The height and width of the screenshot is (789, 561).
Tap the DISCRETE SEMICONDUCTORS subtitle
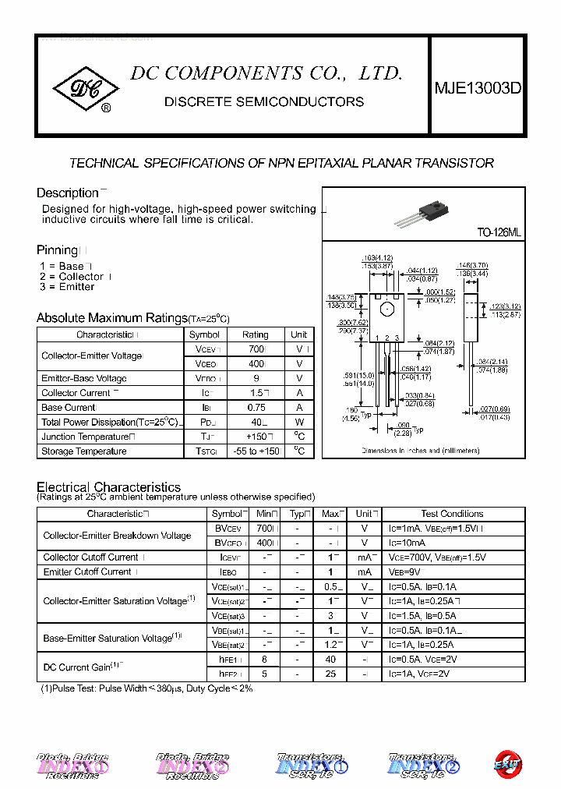[x=264, y=102]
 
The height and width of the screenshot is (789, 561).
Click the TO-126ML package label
[x=499, y=232]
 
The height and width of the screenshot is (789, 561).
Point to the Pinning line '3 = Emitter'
[x=67, y=287]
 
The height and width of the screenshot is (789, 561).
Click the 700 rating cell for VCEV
[x=255, y=349]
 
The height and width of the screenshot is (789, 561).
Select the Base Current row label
[x=69, y=408]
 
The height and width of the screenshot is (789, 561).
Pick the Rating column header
[x=255, y=334]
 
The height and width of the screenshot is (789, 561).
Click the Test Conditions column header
[x=452, y=514]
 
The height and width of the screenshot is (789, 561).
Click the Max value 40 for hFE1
[x=331, y=660]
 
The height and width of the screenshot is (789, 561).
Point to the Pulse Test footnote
[x=146, y=688]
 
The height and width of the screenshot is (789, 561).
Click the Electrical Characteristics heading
[x=108, y=487]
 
